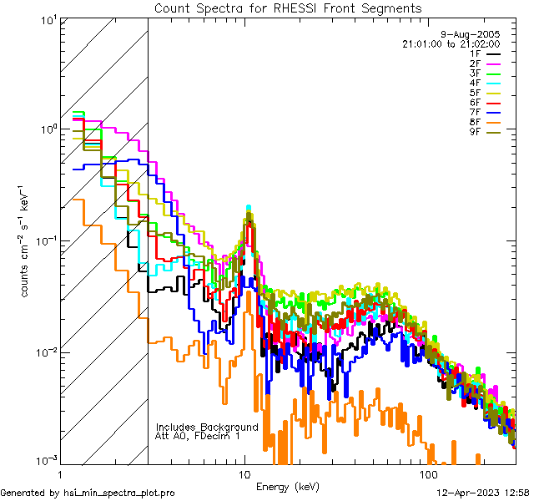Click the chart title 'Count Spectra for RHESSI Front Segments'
pyautogui.click(x=288, y=8)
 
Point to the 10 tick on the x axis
pyautogui.click(x=244, y=475)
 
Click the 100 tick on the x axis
pyautogui.click(x=428, y=475)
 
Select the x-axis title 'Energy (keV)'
pyautogui.click(x=288, y=487)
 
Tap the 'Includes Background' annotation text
pyautogui.click(x=207, y=427)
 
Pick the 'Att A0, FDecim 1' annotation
pyautogui.click(x=198, y=436)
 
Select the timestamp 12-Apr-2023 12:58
pyautogui.click(x=484, y=493)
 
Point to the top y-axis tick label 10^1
pyautogui.click(x=47, y=18)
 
